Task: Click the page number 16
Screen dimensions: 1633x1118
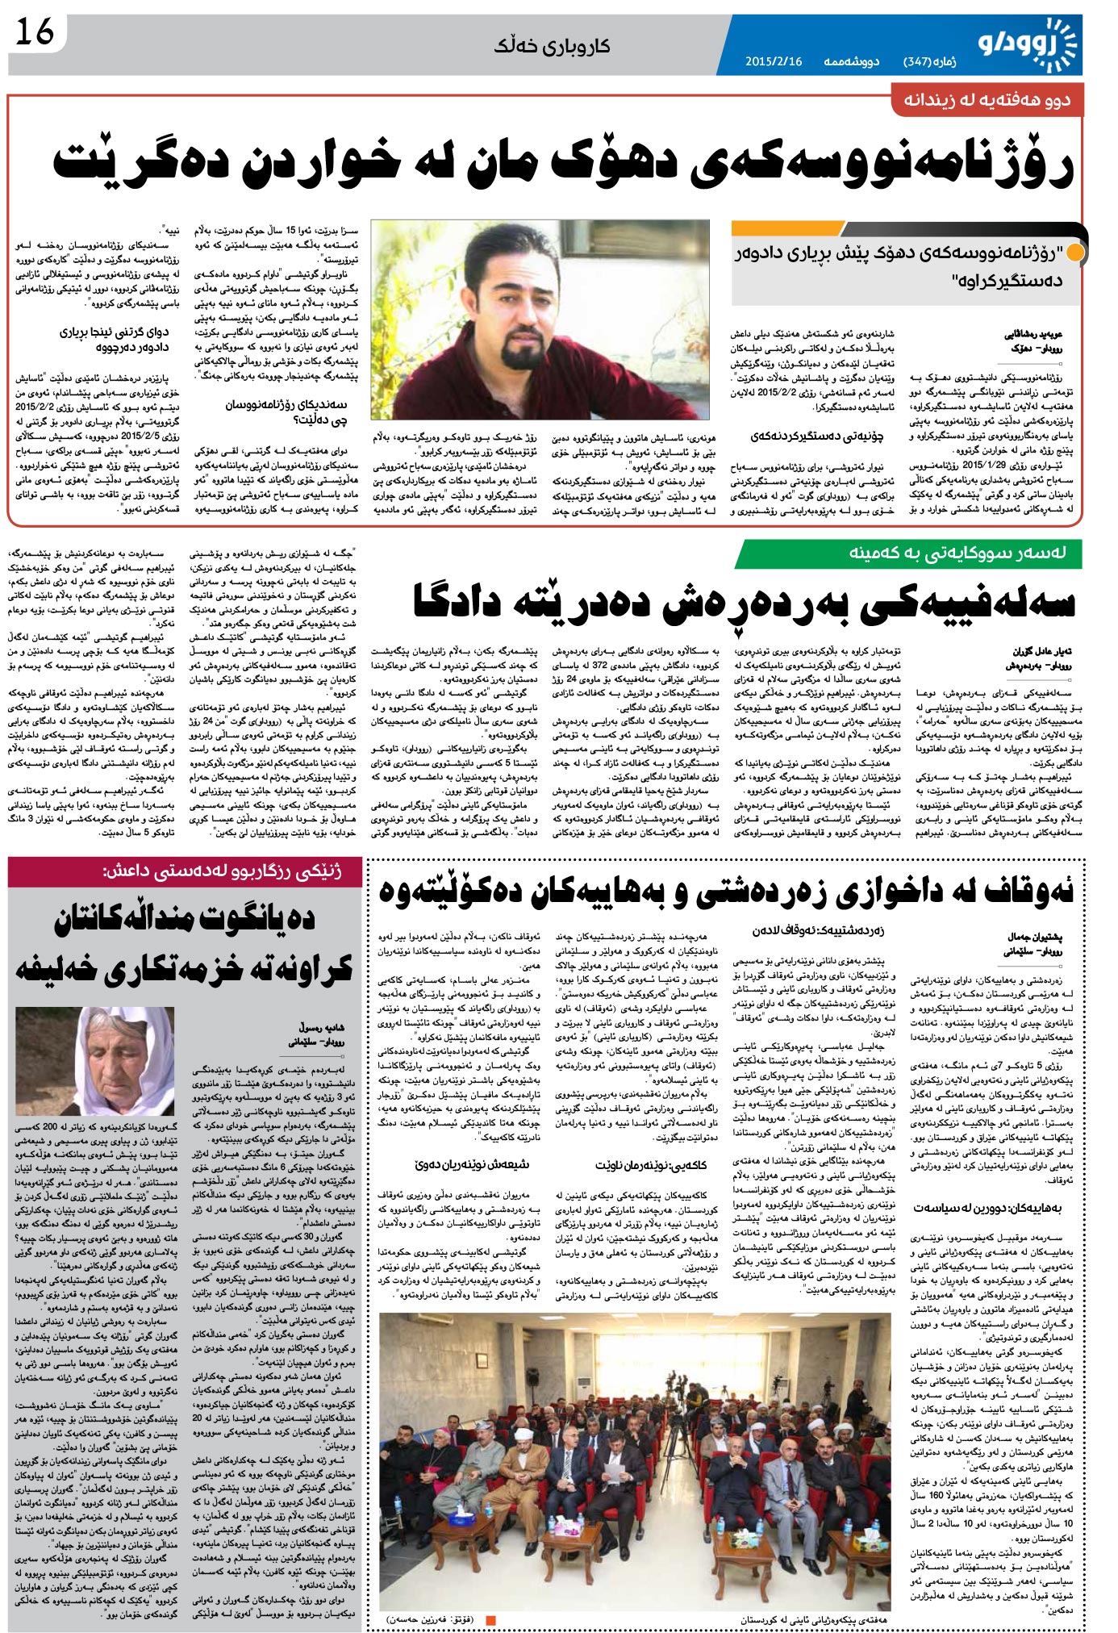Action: pyautogui.click(x=35, y=33)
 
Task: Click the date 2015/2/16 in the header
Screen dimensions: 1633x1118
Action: pyautogui.click(x=773, y=61)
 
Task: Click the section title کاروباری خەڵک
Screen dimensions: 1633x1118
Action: pyautogui.click(x=552, y=46)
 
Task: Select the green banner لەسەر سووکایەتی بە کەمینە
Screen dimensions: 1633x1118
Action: pyautogui.click(x=908, y=553)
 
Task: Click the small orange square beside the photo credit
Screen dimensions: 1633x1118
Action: pyautogui.click(x=490, y=1618)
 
